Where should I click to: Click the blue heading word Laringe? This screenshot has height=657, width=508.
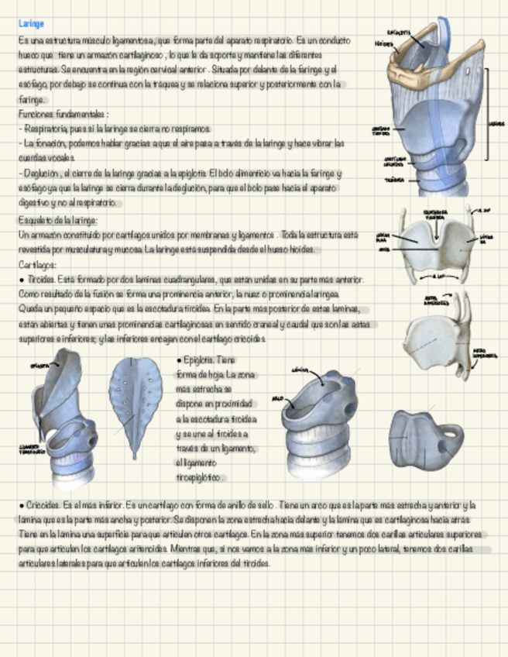coord(32,24)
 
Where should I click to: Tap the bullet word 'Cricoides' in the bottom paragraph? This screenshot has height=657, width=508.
coord(43,504)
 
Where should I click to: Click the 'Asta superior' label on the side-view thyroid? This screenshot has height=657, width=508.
coord(435,299)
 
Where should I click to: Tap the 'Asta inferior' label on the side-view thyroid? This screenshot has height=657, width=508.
coord(484,353)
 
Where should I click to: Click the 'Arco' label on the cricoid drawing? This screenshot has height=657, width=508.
coord(276,399)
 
